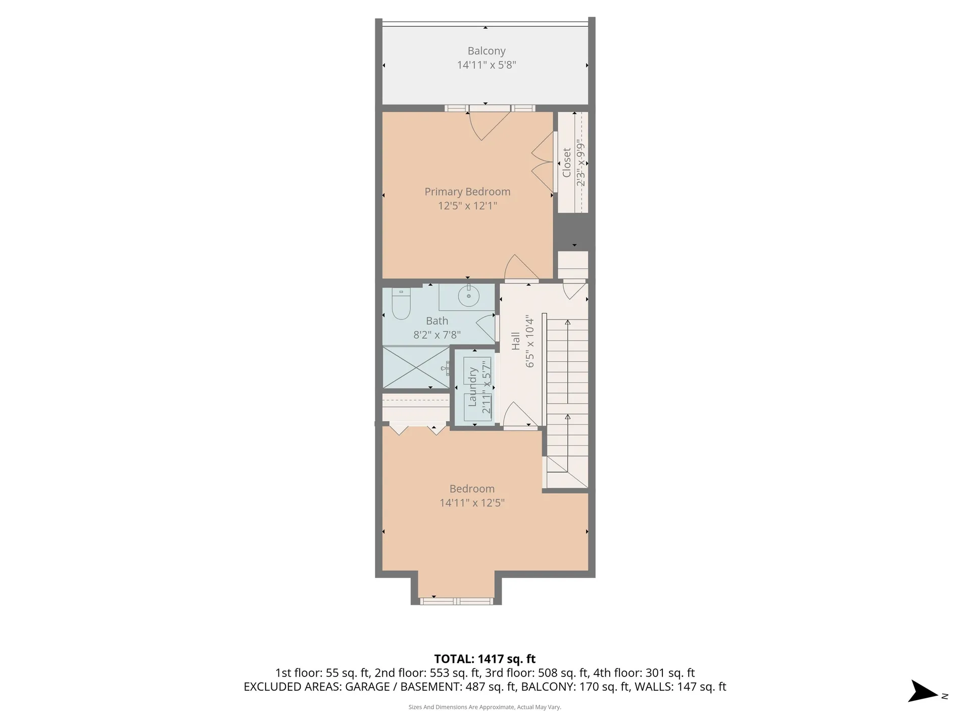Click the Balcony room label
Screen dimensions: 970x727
486,51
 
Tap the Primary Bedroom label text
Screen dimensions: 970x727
467,192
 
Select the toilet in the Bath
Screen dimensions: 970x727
401,304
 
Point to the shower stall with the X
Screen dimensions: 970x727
416,367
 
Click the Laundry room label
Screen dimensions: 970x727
473,387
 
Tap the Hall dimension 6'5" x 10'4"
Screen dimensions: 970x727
529,341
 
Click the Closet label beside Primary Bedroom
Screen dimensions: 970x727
566,163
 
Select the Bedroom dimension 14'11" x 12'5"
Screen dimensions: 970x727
472,503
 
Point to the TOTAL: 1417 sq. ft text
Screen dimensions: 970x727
485,659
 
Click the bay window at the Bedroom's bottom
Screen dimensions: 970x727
457,601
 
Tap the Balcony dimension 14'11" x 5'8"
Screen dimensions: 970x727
486,65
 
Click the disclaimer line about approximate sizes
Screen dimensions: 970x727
485,707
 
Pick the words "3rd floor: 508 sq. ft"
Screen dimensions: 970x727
537,673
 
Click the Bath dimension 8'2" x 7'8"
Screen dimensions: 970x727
437,335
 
